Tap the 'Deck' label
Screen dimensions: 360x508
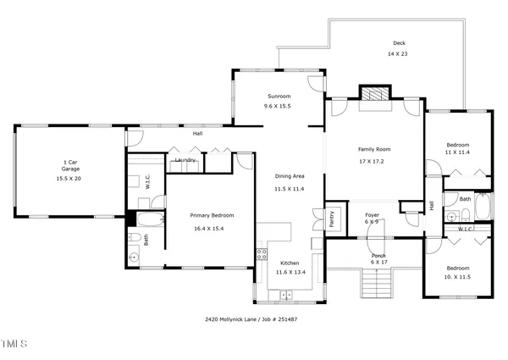click(399, 43)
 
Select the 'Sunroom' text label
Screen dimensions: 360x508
click(279, 97)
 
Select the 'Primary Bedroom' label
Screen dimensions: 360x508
click(211, 215)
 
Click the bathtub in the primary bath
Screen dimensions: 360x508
click(154, 223)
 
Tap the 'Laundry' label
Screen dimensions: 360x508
click(185, 159)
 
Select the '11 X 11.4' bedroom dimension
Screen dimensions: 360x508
click(457, 152)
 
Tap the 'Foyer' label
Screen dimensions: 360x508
click(372, 214)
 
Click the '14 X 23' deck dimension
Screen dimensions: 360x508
click(398, 53)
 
